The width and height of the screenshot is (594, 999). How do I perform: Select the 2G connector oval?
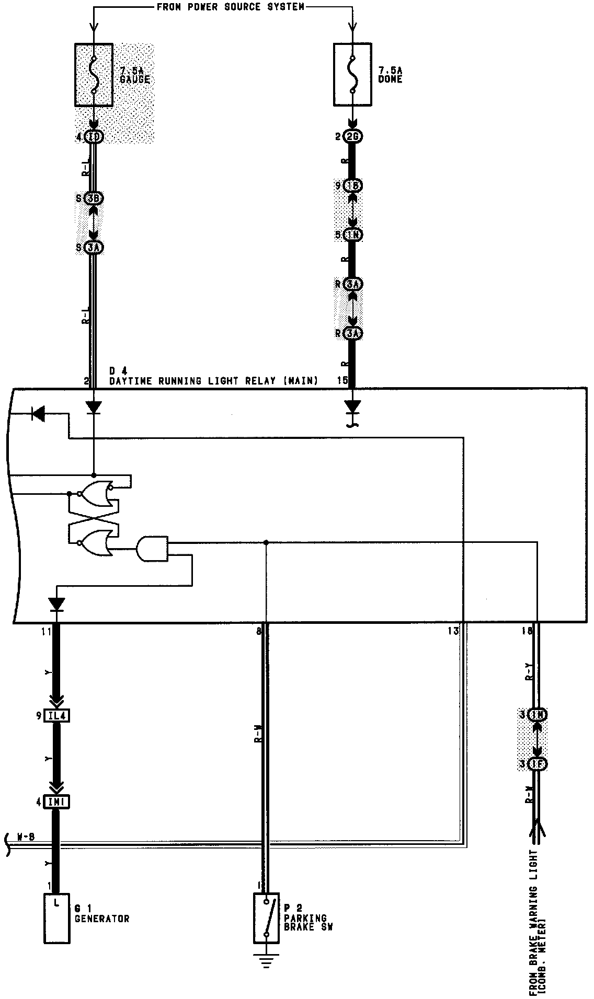point(353,137)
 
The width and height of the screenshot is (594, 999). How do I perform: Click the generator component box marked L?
point(56,919)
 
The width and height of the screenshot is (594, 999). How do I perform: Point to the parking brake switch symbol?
point(266,917)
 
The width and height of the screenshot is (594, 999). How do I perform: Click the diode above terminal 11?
point(56,605)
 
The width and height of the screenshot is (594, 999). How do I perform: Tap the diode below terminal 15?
point(353,406)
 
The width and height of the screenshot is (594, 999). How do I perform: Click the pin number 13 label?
point(453,631)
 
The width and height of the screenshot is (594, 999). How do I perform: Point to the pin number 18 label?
point(527,631)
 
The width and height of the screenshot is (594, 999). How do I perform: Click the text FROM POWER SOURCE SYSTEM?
point(231,7)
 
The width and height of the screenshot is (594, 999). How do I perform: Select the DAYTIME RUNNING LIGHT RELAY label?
point(213,381)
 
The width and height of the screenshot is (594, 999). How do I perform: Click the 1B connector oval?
point(353,186)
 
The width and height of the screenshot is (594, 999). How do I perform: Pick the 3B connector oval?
point(94,199)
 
